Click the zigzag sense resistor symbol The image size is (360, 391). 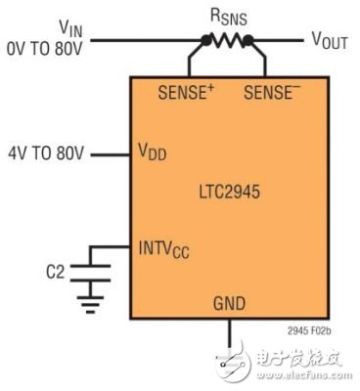click(228, 41)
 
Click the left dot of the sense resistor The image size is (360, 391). click(204, 42)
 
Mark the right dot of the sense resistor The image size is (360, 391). click(250, 42)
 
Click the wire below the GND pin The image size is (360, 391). click(231, 337)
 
